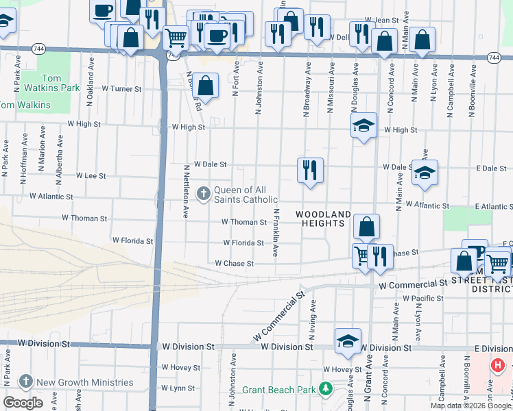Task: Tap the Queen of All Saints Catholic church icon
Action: click(x=203, y=194)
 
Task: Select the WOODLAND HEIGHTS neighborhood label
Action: click(x=323, y=219)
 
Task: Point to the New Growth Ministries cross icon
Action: click(x=26, y=382)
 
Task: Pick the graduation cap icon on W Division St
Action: click(x=348, y=340)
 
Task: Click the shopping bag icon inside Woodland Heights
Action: click(x=367, y=226)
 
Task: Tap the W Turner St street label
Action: click(x=121, y=89)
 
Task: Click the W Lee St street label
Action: click(x=91, y=176)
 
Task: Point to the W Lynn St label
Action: click(x=178, y=388)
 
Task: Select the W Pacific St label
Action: click(x=423, y=299)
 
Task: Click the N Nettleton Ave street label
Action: click(x=186, y=191)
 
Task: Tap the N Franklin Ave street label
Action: click(x=276, y=233)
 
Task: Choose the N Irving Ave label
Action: click(x=312, y=319)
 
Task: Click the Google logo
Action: click(x=23, y=403)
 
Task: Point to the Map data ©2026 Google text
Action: click(x=470, y=406)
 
